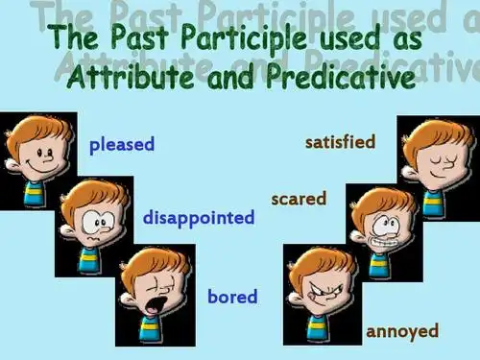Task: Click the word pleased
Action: pyautogui.click(x=122, y=145)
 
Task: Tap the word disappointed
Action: pyautogui.click(x=199, y=218)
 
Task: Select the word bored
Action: pyautogui.click(x=232, y=297)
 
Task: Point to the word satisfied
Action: pyautogui.click(x=340, y=142)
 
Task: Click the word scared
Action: pyautogui.click(x=299, y=199)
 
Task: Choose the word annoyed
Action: pyautogui.click(x=401, y=331)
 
